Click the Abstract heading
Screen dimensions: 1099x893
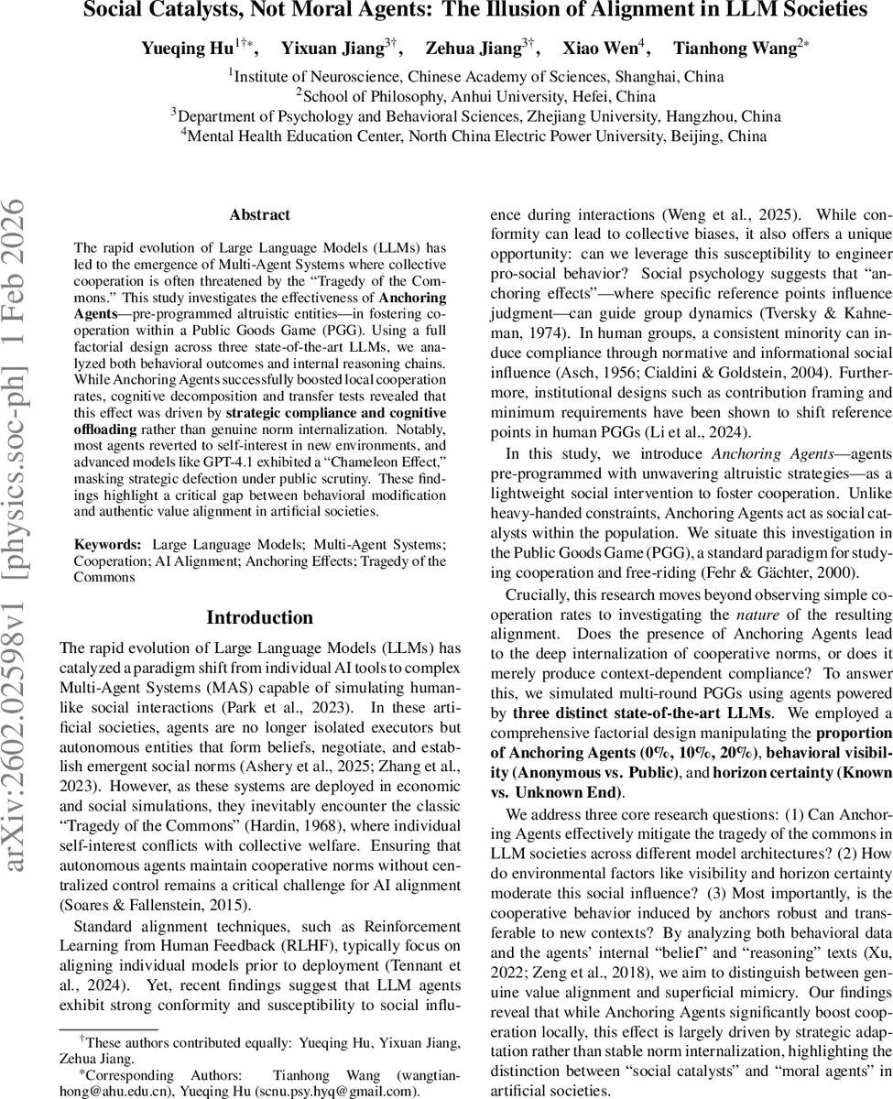pyautogui.click(x=260, y=215)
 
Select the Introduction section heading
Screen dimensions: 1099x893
pyautogui.click(x=260, y=617)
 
